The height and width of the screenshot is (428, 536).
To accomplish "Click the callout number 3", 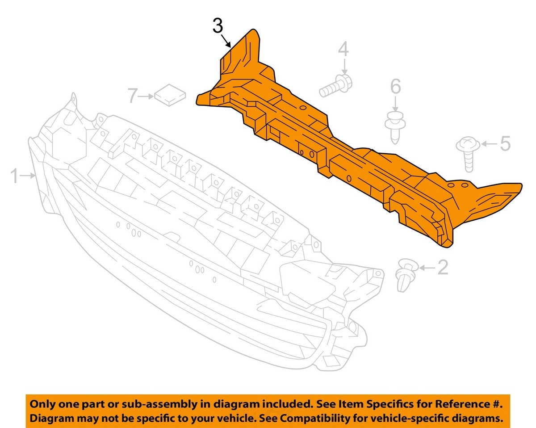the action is (x=218, y=27).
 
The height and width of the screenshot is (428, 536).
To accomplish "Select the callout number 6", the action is (x=396, y=86).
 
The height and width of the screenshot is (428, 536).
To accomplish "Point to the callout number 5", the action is (x=505, y=143).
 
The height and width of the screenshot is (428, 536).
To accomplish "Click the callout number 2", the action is (x=443, y=267).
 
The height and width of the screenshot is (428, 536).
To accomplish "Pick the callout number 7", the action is (x=133, y=96).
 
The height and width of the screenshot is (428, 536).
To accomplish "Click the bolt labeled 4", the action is (x=335, y=86).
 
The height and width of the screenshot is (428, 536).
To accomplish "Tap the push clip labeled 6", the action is (x=395, y=128).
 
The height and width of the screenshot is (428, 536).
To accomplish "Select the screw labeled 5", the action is (x=468, y=154).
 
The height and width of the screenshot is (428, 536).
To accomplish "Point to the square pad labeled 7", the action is (x=170, y=95).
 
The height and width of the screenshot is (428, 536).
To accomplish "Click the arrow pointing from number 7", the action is (x=146, y=97).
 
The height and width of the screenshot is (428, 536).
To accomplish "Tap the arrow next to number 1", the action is (x=27, y=176).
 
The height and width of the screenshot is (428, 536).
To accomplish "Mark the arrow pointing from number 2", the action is (x=427, y=268).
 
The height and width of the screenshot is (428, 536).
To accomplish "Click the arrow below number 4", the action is (x=344, y=66).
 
